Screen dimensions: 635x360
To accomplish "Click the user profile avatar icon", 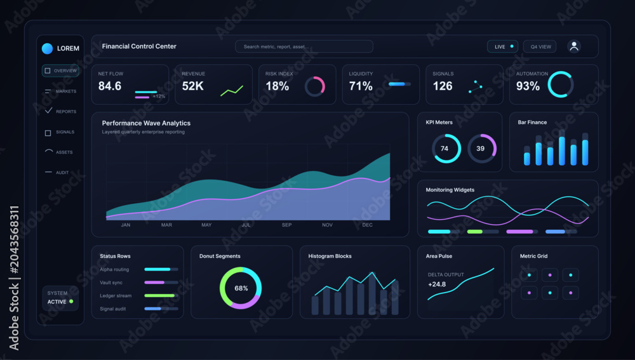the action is click(x=574, y=46).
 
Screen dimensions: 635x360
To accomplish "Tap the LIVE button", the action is click(x=502, y=46).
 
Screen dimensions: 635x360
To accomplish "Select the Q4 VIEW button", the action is click(x=540, y=46).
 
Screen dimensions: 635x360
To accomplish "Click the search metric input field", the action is click(x=304, y=46).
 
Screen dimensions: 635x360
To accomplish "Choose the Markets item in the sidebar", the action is click(x=61, y=91).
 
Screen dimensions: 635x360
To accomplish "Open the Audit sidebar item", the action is click(x=57, y=173).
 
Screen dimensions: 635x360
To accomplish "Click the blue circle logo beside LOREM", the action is click(x=48, y=49).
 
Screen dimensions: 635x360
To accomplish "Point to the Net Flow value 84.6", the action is click(x=110, y=86).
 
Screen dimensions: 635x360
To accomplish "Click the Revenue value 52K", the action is click(x=193, y=86).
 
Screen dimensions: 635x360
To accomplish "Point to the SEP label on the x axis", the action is click(x=287, y=225).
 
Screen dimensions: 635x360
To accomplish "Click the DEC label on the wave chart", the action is click(x=367, y=225).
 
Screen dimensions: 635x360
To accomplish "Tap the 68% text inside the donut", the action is click(x=241, y=288).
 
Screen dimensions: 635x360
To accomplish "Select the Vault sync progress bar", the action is click(x=161, y=283).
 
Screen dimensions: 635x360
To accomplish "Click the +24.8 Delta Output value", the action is click(x=437, y=284).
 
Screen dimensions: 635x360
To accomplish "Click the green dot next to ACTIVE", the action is click(x=71, y=302).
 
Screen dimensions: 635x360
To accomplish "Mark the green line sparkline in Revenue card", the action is click(x=232, y=91).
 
